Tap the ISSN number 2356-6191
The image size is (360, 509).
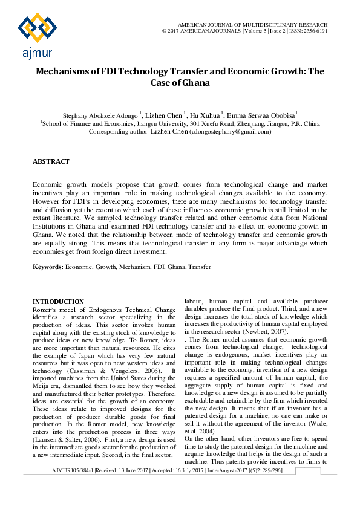(x=315, y=30)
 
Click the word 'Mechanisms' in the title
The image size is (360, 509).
(x=67, y=71)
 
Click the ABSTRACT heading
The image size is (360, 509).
(x=51, y=162)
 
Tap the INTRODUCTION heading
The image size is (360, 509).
(x=58, y=302)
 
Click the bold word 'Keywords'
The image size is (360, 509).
(x=47, y=266)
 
